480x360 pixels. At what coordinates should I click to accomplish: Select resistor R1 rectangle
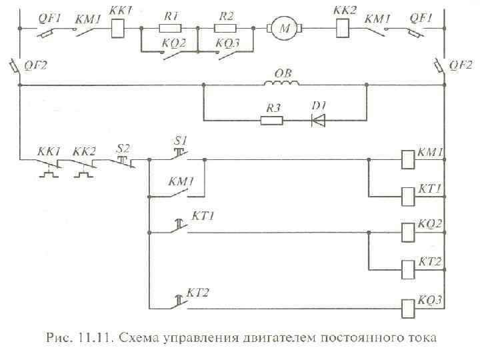pyautogui.click(x=171, y=29)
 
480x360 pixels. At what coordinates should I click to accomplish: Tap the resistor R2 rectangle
pyautogui.click(x=225, y=29)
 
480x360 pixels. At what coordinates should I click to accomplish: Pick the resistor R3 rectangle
pyautogui.click(x=271, y=121)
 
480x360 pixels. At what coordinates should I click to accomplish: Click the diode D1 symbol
pyautogui.click(x=318, y=121)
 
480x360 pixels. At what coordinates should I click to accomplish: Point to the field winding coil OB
pyautogui.click(x=283, y=83)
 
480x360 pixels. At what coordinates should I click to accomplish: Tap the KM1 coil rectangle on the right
pyautogui.click(x=408, y=159)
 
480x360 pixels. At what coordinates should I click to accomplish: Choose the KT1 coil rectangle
pyautogui.click(x=408, y=196)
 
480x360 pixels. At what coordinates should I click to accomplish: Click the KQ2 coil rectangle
pyautogui.click(x=408, y=232)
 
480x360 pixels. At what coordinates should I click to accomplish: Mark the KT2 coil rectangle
pyautogui.click(x=408, y=269)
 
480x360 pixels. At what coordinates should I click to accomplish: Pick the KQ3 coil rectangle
pyautogui.click(x=408, y=307)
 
